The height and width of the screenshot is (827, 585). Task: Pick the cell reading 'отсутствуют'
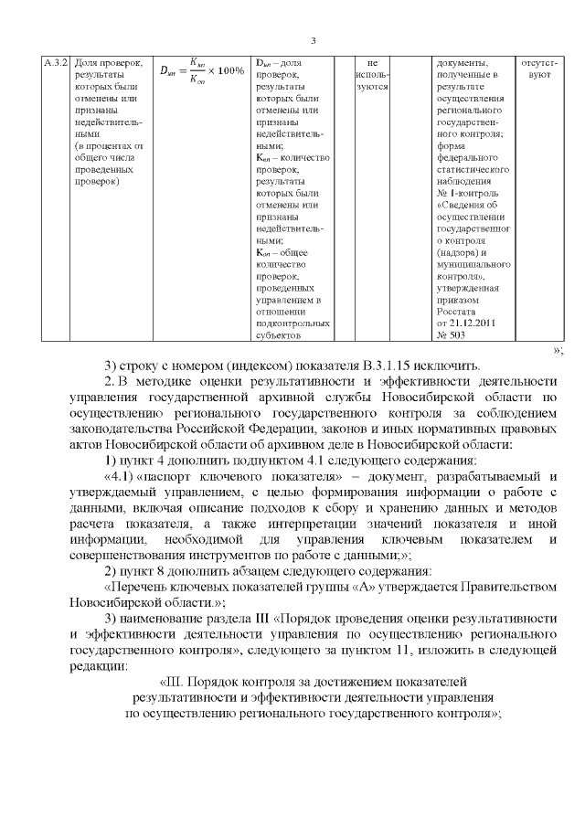[x=540, y=68]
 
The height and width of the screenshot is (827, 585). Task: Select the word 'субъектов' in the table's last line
[x=279, y=334]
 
